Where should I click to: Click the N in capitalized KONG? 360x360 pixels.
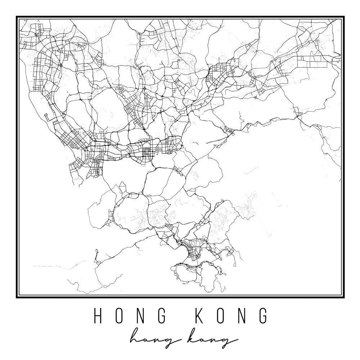[x=239, y=316]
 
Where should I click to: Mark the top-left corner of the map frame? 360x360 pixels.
[x=17, y=17]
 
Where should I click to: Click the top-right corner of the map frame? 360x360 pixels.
[x=343, y=17]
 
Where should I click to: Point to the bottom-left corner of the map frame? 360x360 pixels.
[x=17, y=297]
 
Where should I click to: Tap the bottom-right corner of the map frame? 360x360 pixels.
[x=343, y=297]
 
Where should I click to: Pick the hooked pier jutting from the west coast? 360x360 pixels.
[x=47, y=117]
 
